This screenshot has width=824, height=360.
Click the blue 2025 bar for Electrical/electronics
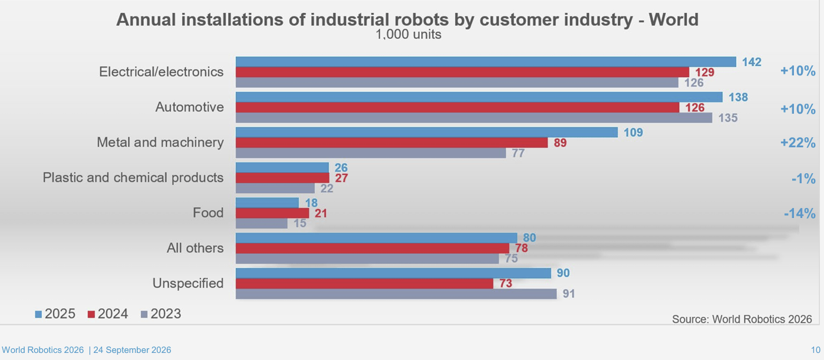(x=486, y=62)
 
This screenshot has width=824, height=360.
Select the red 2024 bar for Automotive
(x=457, y=107)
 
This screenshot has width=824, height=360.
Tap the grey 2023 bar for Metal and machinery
(x=371, y=153)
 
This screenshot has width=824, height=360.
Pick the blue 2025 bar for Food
(x=268, y=203)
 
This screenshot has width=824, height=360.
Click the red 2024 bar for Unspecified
(x=364, y=283)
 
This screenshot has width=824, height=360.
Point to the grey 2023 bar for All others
(x=367, y=259)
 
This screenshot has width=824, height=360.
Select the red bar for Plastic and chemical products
(x=282, y=178)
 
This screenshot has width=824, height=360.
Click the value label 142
(x=752, y=62)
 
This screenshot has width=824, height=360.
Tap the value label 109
(x=633, y=133)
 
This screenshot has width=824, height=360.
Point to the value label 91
(x=569, y=294)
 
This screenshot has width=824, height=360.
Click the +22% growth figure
(x=798, y=143)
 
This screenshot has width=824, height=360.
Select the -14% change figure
(x=800, y=213)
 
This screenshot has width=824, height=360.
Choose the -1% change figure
(x=803, y=179)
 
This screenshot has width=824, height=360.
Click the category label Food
(x=208, y=213)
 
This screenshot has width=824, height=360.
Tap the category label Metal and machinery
(x=160, y=143)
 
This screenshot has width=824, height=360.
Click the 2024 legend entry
(x=108, y=314)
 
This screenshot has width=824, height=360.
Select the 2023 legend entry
(x=161, y=314)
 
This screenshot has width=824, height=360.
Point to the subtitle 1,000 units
(x=408, y=35)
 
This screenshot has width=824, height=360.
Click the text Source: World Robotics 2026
(x=742, y=319)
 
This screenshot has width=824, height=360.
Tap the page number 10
(x=816, y=350)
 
